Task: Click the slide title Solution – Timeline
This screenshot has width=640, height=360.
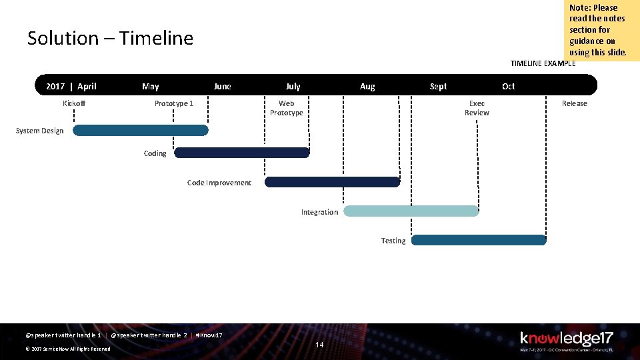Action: (x=110, y=39)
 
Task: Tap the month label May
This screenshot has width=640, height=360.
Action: (x=151, y=86)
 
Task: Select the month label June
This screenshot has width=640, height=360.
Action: (x=222, y=86)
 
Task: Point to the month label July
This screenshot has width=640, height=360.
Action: (x=293, y=86)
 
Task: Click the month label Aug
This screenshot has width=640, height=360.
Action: (x=367, y=86)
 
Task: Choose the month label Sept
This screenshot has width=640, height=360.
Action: (x=438, y=86)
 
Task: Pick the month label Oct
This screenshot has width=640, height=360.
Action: (x=509, y=86)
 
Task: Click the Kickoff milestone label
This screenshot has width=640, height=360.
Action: (x=74, y=103)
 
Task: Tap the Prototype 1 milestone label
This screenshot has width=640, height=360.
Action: (x=174, y=103)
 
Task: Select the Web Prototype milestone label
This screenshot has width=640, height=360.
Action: (x=287, y=108)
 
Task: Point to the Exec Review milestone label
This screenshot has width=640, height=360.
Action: (x=477, y=108)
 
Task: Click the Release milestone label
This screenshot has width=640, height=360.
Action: (x=574, y=103)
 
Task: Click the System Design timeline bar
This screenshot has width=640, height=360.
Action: (x=140, y=130)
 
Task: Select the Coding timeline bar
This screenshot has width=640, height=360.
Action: (x=241, y=153)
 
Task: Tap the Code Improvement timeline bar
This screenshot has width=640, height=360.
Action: (x=332, y=182)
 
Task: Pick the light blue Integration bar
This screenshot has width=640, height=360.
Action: (x=411, y=211)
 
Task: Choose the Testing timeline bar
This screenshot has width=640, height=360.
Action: (x=478, y=240)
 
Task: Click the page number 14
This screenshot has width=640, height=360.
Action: (x=319, y=345)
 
